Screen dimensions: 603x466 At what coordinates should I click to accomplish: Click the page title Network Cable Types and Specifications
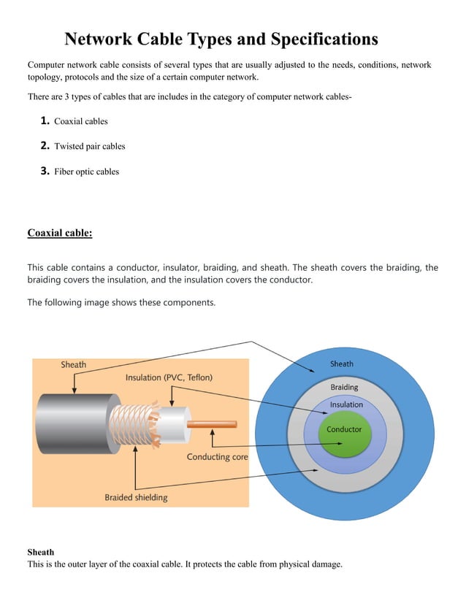[x=221, y=39]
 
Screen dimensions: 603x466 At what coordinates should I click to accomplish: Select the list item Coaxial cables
[x=80, y=121]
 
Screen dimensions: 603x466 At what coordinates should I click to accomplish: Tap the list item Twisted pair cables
[x=89, y=147]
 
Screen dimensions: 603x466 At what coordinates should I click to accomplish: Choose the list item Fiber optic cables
[x=86, y=172]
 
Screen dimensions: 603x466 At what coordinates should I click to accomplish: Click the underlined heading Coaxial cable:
[x=60, y=234]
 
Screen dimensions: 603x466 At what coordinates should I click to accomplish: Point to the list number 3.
[x=45, y=172]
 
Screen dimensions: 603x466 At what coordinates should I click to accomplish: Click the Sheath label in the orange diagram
[x=73, y=364]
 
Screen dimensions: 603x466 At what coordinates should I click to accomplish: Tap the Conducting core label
[x=217, y=457]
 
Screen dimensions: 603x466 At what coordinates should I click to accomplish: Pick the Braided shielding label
[x=136, y=497]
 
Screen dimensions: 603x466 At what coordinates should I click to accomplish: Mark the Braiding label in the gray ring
[x=344, y=387]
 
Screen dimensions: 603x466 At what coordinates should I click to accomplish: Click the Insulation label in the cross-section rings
[x=346, y=404]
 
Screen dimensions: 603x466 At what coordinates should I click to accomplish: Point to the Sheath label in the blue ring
[x=341, y=364]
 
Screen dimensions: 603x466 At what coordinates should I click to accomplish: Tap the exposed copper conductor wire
[x=212, y=423]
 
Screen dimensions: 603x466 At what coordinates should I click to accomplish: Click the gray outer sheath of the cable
[x=73, y=423]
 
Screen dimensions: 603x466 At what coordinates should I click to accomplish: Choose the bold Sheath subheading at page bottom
[x=40, y=552]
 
